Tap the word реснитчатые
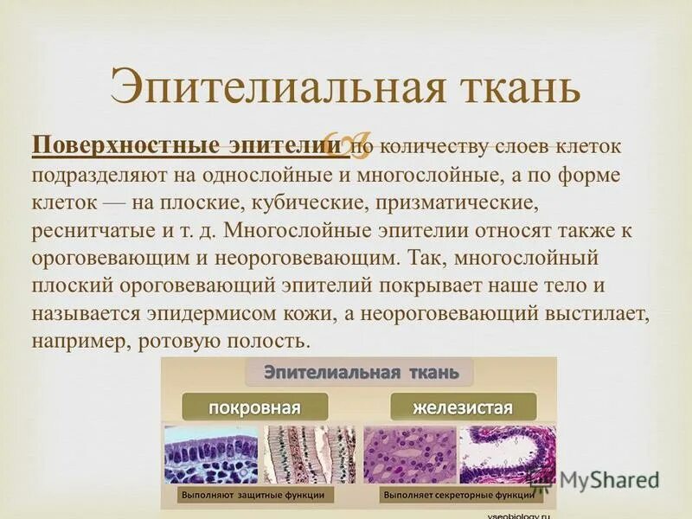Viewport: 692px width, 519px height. pyautogui.click(x=91, y=234)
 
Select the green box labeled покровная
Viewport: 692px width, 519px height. pyautogui.click(x=254, y=407)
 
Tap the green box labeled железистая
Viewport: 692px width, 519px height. pyautogui.click(x=463, y=407)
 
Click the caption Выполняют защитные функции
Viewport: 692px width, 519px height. pyautogui.click(x=253, y=496)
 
